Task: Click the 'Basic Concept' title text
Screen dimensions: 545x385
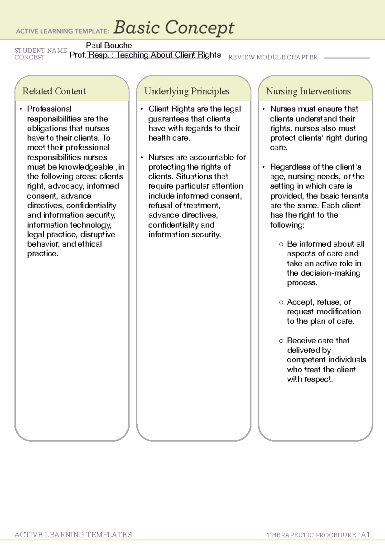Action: pyautogui.click(x=174, y=28)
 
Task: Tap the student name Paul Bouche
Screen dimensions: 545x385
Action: pyautogui.click(x=109, y=45)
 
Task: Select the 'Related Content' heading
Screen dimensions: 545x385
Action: pyautogui.click(x=54, y=91)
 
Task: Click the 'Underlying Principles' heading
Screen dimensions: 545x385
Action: pyautogui.click(x=187, y=91)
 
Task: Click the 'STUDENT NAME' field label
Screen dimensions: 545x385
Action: pyautogui.click(x=41, y=50)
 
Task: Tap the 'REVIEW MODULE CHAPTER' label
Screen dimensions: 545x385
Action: pyautogui.click(x=273, y=57)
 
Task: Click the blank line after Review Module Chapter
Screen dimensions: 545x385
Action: pyautogui.click(x=346, y=58)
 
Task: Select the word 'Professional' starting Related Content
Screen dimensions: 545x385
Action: pyautogui.click(x=49, y=109)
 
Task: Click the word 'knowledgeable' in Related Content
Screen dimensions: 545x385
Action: pyautogui.click(x=86, y=167)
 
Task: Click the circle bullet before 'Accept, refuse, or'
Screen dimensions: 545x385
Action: pyautogui.click(x=281, y=302)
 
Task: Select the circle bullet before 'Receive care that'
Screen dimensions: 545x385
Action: pyautogui.click(x=281, y=341)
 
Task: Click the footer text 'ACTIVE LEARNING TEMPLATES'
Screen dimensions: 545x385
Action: pyautogui.click(x=73, y=534)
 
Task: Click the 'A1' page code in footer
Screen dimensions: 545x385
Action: pyautogui.click(x=365, y=535)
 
